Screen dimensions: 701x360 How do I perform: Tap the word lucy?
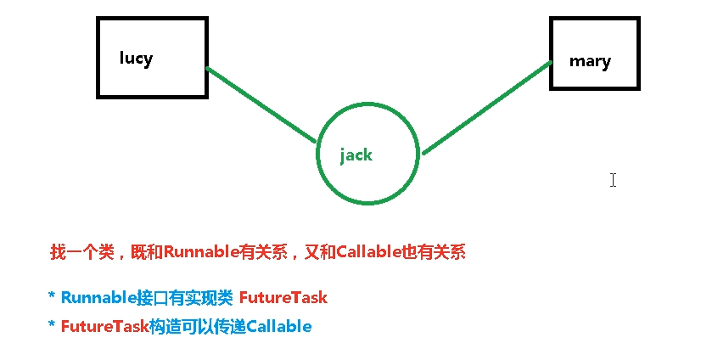click(x=136, y=58)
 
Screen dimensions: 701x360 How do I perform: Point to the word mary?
click(x=590, y=61)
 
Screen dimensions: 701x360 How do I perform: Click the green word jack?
click(x=356, y=155)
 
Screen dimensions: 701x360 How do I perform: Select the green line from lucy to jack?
click(x=261, y=105)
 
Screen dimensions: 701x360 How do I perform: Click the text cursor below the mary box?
click(x=613, y=179)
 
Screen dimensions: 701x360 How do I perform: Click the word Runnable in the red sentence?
click(x=196, y=252)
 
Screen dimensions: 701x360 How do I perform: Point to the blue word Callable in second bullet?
click(x=279, y=326)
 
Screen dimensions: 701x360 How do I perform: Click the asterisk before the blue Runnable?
click(x=53, y=296)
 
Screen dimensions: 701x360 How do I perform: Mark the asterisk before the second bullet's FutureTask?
click(x=53, y=325)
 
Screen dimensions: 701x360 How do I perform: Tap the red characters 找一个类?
click(x=80, y=252)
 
